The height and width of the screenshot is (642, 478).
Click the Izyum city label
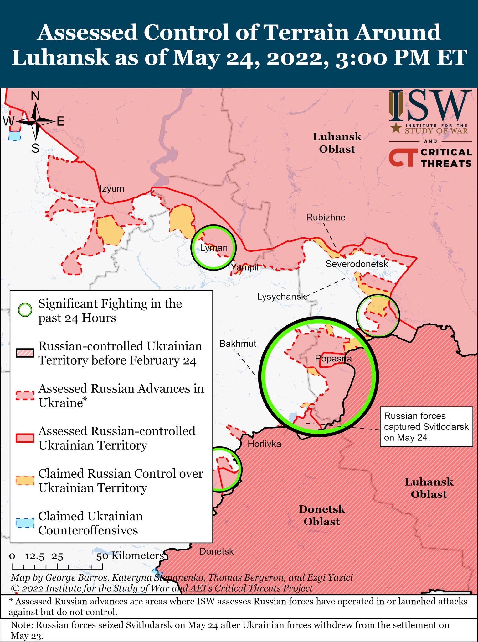(112, 189)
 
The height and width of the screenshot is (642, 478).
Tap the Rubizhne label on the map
(326, 218)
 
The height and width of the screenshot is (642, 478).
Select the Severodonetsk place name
(357, 264)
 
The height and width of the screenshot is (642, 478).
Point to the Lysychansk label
(281, 297)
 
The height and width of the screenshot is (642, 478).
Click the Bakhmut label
(238, 344)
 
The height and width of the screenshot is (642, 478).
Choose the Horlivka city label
(264, 444)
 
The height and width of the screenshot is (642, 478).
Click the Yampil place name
(245, 267)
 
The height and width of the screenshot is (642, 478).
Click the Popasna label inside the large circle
(333, 358)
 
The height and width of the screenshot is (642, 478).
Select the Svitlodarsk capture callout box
(426, 427)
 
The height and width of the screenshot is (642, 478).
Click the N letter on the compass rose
(35, 96)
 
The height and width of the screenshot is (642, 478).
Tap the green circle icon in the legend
(25, 310)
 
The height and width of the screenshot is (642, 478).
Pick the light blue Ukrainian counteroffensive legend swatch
(25, 523)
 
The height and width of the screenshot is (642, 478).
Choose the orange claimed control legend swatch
(25, 481)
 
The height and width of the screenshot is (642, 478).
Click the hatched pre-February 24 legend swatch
(25, 353)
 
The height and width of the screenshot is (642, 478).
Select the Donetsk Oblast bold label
(321, 515)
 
